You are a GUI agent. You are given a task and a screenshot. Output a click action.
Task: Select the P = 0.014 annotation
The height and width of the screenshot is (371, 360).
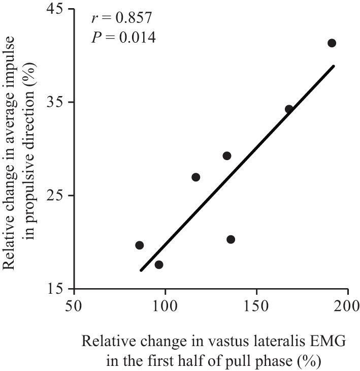[x=123, y=38]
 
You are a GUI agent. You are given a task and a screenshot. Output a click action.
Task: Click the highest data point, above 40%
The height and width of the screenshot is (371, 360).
[x=332, y=43]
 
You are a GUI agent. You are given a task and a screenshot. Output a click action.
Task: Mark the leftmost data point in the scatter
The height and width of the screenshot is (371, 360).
[x=140, y=245]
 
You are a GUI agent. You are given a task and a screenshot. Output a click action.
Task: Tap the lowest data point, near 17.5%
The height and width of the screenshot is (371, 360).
[x=159, y=264]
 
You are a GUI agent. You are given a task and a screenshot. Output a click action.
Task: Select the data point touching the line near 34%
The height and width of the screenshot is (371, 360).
[x=289, y=109]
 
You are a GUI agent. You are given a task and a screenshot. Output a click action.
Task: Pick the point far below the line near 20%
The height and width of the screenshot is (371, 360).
[x=231, y=239]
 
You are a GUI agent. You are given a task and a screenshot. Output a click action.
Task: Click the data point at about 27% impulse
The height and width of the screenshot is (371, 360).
[x=196, y=177]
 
